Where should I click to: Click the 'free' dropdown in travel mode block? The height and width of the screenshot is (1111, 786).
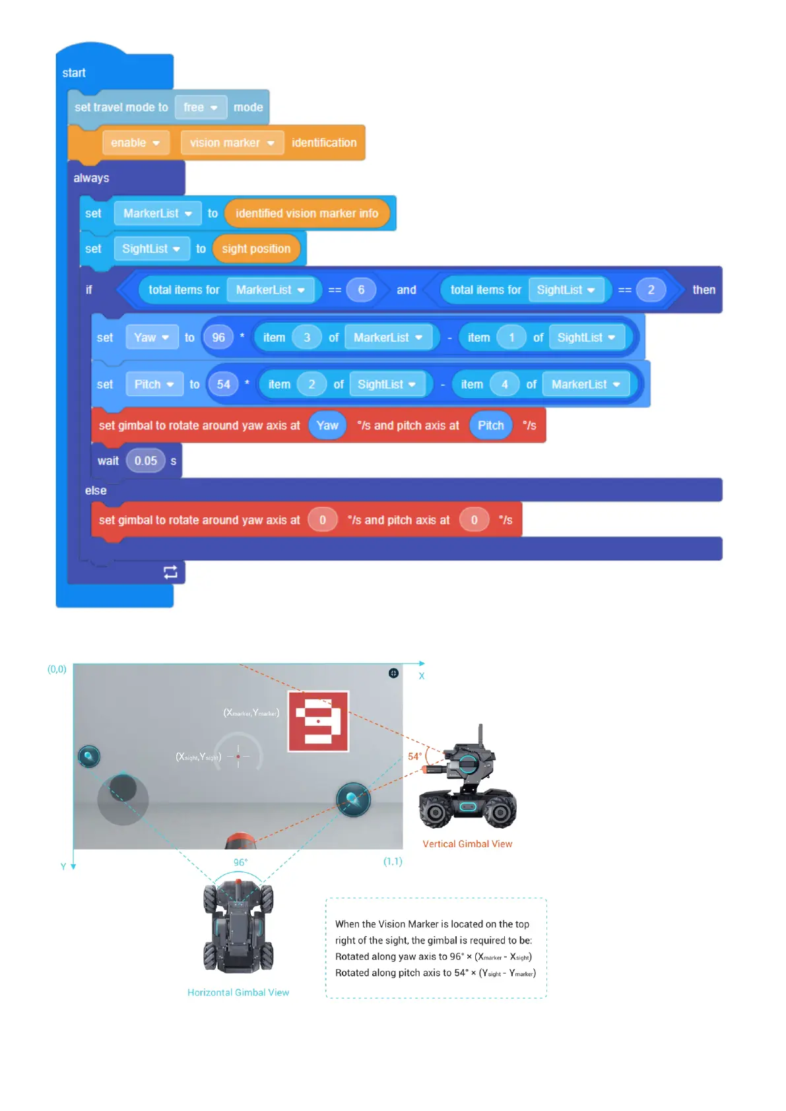[200, 108]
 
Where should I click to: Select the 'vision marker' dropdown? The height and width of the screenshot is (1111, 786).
[232, 143]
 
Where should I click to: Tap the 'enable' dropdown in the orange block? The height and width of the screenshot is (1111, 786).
[135, 143]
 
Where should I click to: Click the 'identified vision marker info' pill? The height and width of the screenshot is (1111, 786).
[307, 214]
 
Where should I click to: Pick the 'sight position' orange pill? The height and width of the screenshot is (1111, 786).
[256, 249]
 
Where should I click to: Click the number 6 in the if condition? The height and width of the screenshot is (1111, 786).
[361, 290]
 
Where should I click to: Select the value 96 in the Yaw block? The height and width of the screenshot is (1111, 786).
[218, 338]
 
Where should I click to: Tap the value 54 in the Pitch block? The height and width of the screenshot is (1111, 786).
[224, 385]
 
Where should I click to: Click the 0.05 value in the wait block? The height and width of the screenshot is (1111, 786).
[146, 461]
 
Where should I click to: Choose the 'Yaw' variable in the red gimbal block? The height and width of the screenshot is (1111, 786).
[327, 426]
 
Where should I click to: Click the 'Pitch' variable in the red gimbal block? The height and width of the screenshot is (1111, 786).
[490, 426]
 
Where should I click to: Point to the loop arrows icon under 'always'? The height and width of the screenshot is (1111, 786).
[170, 572]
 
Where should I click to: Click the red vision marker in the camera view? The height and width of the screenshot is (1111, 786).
[318, 721]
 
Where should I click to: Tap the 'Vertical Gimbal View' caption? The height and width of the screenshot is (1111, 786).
[467, 844]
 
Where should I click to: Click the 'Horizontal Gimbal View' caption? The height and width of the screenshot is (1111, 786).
[238, 992]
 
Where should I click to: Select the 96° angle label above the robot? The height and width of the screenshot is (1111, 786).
[240, 862]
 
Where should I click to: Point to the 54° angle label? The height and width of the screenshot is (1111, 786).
[414, 756]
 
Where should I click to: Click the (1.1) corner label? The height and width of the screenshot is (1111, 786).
[393, 861]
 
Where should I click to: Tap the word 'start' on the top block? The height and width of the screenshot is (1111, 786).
[74, 73]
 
